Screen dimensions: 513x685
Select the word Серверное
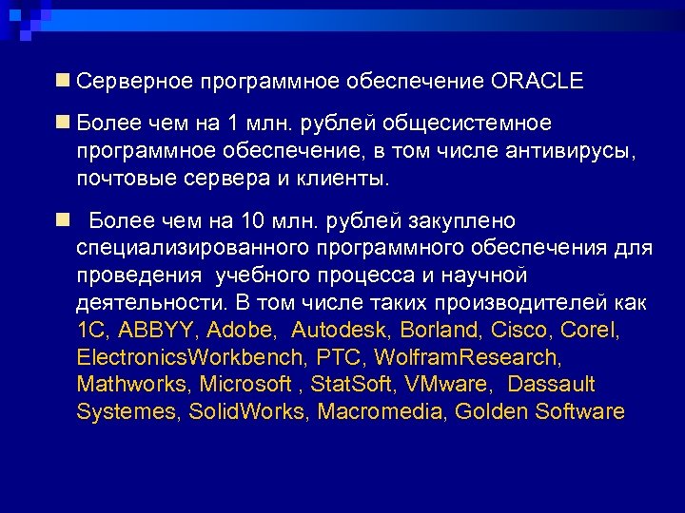pyautogui.click(x=135, y=81)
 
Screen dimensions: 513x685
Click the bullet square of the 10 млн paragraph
pyautogui.click(x=62, y=220)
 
